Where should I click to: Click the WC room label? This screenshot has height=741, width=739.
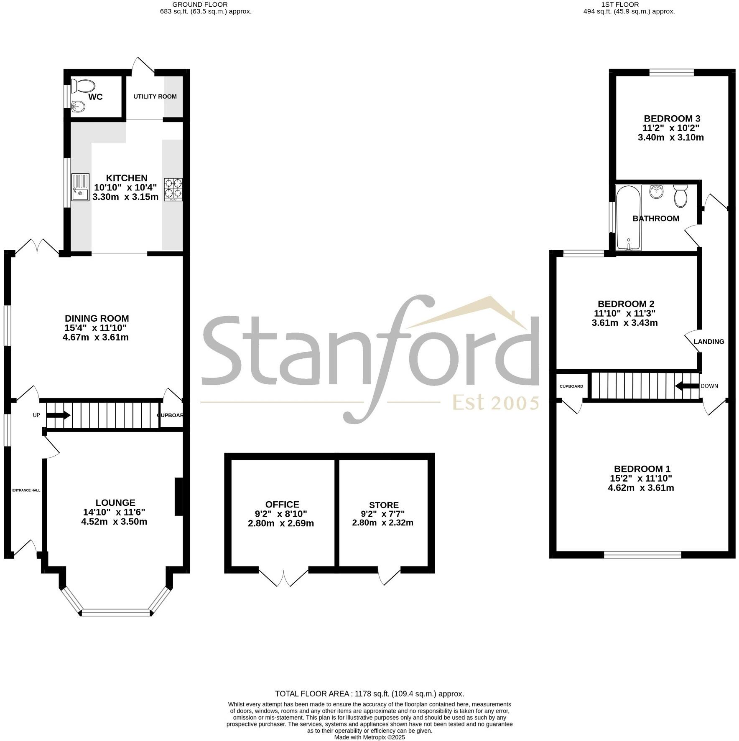pyautogui.click(x=95, y=97)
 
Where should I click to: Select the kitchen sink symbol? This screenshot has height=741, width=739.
pyautogui.click(x=80, y=187)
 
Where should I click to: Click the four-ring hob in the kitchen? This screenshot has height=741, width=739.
pyautogui.click(x=173, y=189)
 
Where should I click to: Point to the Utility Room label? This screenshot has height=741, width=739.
pyautogui.click(x=155, y=96)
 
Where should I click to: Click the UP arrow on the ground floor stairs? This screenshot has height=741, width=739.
pyautogui.click(x=58, y=415)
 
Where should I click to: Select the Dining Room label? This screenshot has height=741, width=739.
pyautogui.click(x=97, y=319)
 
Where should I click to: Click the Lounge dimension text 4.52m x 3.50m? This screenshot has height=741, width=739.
pyautogui.click(x=114, y=522)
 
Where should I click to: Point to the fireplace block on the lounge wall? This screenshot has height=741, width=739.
pyautogui.click(x=178, y=497)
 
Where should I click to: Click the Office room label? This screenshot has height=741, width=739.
pyautogui.click(x=282, y=505)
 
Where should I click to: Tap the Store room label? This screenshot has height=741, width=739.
pyautogui.click(x=384, y=505)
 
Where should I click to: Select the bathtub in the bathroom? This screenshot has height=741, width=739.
pyautogui.click(x=628, y=218)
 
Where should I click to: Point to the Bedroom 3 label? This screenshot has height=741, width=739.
pyautogui.click(x=672, y=119)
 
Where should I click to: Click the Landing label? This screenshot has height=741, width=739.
pyautogui.click(x=709, y=342)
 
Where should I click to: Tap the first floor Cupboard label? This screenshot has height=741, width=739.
pyautogui.click(x=571, y=386)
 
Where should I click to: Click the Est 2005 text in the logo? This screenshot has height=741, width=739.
pyautogui.click(x=496, y=403)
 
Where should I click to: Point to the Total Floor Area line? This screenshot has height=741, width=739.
pyautogui.click(x=369, y=694)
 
